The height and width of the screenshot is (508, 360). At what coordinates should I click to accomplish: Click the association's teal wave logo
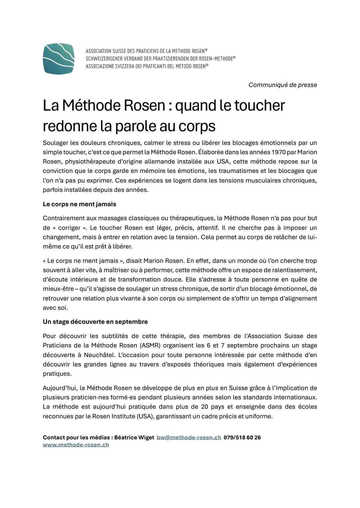tap(58, 59)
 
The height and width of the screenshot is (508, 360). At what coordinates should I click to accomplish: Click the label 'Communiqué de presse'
tap(283, 85)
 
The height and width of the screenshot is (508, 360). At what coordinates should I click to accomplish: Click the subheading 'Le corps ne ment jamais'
tap(79, 204)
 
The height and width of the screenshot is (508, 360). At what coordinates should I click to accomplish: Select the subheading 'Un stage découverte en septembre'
tap(95, 322)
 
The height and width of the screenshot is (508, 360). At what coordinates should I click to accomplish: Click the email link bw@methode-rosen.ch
tap(189, 437)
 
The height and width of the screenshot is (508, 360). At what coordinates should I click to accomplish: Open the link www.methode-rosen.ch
tap(76, 445)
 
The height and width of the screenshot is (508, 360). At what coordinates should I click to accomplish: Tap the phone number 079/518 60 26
tap(242, 437)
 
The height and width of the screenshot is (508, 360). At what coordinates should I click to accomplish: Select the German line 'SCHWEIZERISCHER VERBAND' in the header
tap(160, 59)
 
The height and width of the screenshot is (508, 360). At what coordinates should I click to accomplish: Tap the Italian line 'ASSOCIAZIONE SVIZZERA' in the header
tap(147, 66)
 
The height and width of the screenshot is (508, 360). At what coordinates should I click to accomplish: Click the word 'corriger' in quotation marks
tap(69, 228)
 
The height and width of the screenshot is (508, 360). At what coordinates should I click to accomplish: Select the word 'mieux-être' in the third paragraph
tap(58, 289)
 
